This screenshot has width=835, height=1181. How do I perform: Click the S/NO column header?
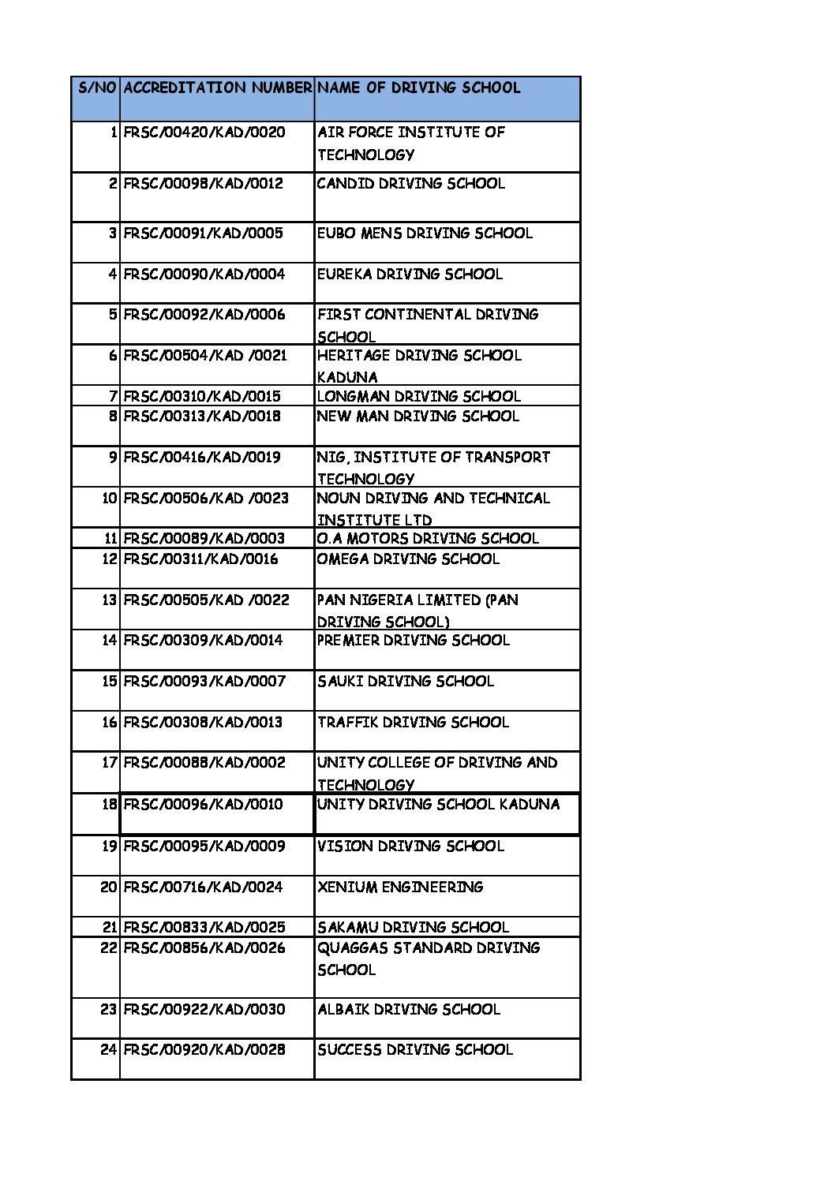point(96,88)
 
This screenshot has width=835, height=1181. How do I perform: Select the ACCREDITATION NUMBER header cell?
point(217,88)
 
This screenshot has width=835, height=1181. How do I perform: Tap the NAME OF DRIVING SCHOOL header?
point(418,88)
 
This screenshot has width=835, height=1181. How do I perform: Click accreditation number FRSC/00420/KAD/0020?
point(204,132)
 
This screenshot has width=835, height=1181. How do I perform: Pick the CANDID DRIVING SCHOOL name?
point(410,183)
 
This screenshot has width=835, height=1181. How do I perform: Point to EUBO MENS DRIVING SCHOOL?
point(425,233)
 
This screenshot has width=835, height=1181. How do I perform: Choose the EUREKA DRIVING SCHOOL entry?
point(410,274)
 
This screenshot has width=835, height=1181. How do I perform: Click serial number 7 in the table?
point(114,396)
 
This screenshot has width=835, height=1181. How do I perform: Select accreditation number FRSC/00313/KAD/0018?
point(202,416)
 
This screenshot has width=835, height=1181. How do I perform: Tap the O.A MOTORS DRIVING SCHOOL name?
point(428,538)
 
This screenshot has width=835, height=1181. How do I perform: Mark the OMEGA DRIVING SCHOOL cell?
point(408,559)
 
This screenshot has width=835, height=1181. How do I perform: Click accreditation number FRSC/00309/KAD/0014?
point(203,640)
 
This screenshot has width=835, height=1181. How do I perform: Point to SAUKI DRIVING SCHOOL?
point(406,681)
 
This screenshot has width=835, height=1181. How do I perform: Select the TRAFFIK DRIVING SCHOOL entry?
point(413,722)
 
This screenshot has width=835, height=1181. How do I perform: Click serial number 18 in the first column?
point(110,804)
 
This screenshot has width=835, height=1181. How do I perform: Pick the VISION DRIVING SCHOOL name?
point(410,846)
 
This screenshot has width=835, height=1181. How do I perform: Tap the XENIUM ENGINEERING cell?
point(399,887)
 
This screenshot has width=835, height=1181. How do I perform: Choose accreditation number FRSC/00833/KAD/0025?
point(204,927)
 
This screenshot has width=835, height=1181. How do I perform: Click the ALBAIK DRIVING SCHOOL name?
point(408,1009)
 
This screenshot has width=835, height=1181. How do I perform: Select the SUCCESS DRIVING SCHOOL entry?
point(414,1049)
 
